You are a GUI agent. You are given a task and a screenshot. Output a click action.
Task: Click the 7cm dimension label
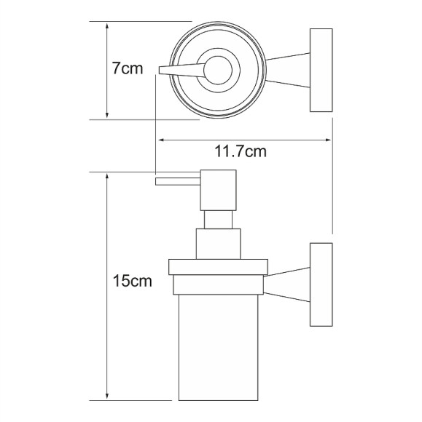(128, 68)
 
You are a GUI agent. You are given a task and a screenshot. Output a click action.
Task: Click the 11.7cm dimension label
(241, 151)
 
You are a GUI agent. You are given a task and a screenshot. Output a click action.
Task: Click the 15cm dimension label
(133, 281)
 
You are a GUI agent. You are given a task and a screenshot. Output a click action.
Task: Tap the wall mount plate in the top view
(321, 71)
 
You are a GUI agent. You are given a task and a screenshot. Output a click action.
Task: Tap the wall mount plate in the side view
(321, 284)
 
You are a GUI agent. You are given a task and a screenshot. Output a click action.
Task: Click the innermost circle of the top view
(218, 71)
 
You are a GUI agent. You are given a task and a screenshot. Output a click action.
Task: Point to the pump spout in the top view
(181, 71)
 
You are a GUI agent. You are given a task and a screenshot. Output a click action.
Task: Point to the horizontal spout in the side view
(178, 181)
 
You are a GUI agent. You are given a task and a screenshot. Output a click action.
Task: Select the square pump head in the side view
(218, 190)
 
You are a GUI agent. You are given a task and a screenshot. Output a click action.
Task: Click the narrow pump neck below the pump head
(218, 220)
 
